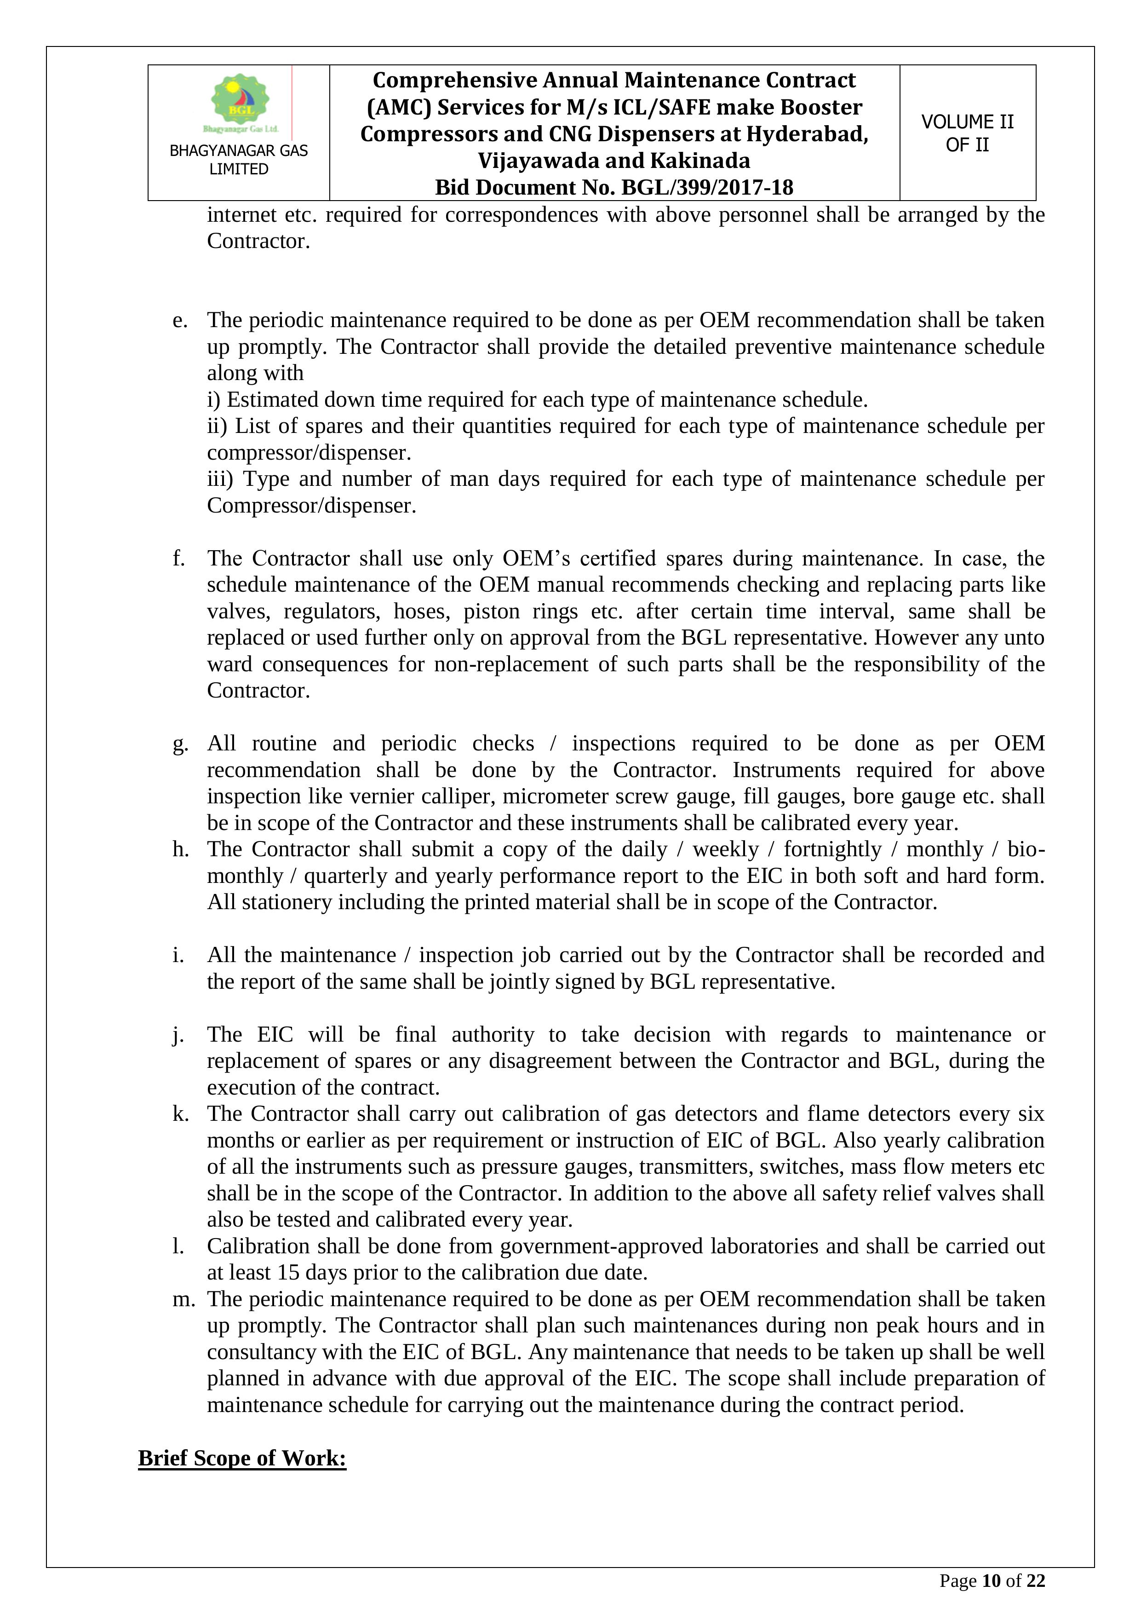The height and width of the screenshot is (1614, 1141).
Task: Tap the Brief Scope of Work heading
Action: click(242, 1458)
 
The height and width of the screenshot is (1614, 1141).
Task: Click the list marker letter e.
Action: click(180, 321)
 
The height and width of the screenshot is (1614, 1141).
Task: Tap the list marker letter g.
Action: click(180, 744)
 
